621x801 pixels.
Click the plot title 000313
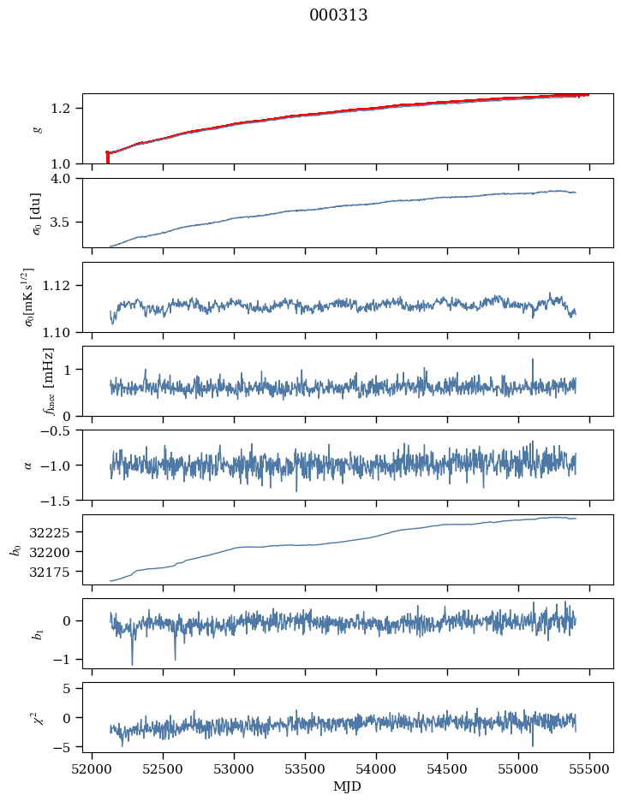[x=338, y=15]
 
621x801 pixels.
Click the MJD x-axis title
[x=348, y=786]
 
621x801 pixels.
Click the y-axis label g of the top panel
[x=36, y=128]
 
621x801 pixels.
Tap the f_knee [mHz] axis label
[x=48, y=381]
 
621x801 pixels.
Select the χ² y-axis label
[x=36, y=717]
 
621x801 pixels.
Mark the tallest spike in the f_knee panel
[x=533, y=360]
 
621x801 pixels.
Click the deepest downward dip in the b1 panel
[x=132, y=663]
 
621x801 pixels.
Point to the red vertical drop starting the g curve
[x=107, y=157]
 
